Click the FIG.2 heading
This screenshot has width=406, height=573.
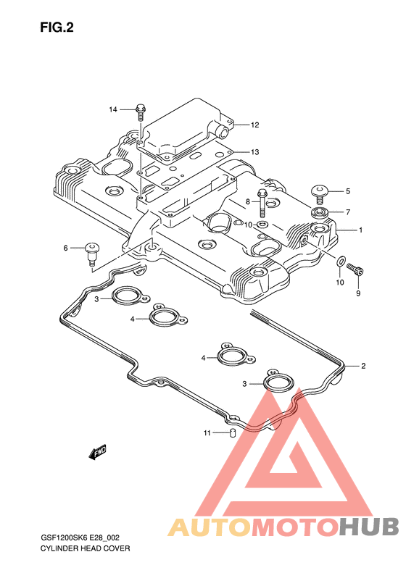click(x=57, y=28)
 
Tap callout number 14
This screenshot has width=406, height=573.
click(x=112, y=109)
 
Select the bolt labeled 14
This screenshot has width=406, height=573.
click(x=140, y=112)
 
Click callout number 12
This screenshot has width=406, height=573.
click(x=255, y=125)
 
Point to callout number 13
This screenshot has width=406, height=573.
click(x=255, y=152)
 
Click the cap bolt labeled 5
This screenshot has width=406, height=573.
click(x=320, y=193)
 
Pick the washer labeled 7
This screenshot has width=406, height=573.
click(x=319, y=212)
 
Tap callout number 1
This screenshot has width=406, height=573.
click(x=360, y=230)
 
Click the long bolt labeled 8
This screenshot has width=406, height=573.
click(x=262, y=203)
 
